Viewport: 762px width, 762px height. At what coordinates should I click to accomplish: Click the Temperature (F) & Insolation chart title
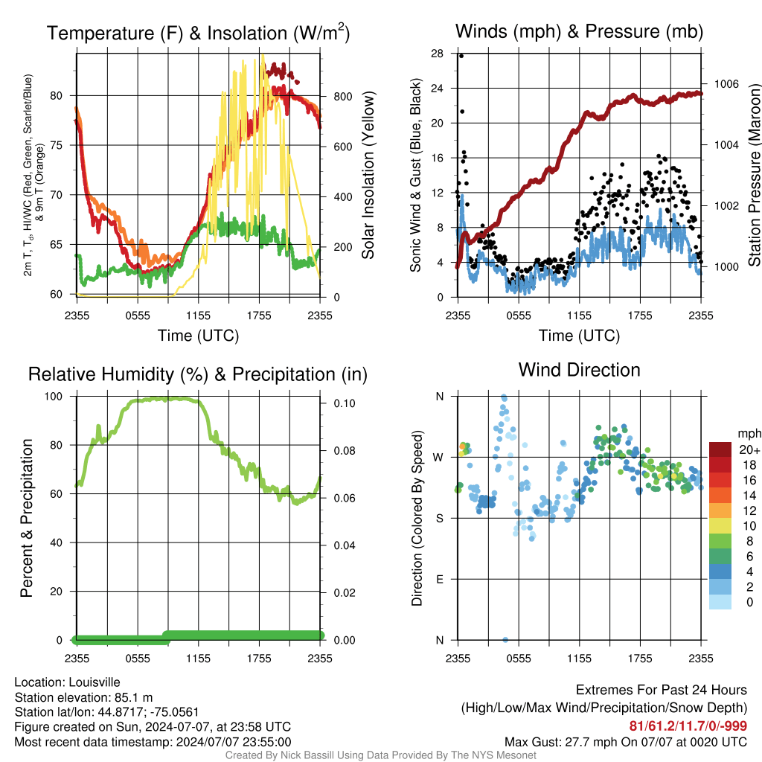198,33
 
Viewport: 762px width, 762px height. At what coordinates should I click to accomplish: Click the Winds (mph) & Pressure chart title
579,31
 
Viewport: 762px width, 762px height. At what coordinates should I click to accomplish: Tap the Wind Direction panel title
579,370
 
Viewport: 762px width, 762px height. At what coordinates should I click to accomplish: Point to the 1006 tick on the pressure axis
726,84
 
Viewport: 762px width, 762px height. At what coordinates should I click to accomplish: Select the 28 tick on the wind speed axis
438,54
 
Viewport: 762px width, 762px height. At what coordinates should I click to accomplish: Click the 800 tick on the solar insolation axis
343,96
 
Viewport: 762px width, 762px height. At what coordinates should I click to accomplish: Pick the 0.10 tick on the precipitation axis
345,403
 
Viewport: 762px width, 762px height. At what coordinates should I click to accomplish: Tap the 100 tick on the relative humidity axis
54,397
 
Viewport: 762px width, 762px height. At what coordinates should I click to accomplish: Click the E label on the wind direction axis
440,579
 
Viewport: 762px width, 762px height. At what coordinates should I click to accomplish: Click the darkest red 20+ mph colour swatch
720,449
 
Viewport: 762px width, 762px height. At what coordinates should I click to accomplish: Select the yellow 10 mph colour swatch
720,526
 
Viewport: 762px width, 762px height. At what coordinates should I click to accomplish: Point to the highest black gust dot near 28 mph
461,56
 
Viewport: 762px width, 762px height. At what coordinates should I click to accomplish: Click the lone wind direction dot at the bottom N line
505,639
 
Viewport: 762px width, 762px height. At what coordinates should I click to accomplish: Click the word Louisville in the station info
95,682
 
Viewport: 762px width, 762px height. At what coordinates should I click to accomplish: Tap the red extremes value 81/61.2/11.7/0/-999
688,726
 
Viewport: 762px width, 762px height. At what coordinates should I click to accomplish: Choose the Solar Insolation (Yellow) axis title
368,175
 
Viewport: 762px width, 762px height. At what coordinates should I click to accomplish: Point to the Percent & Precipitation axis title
27,518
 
